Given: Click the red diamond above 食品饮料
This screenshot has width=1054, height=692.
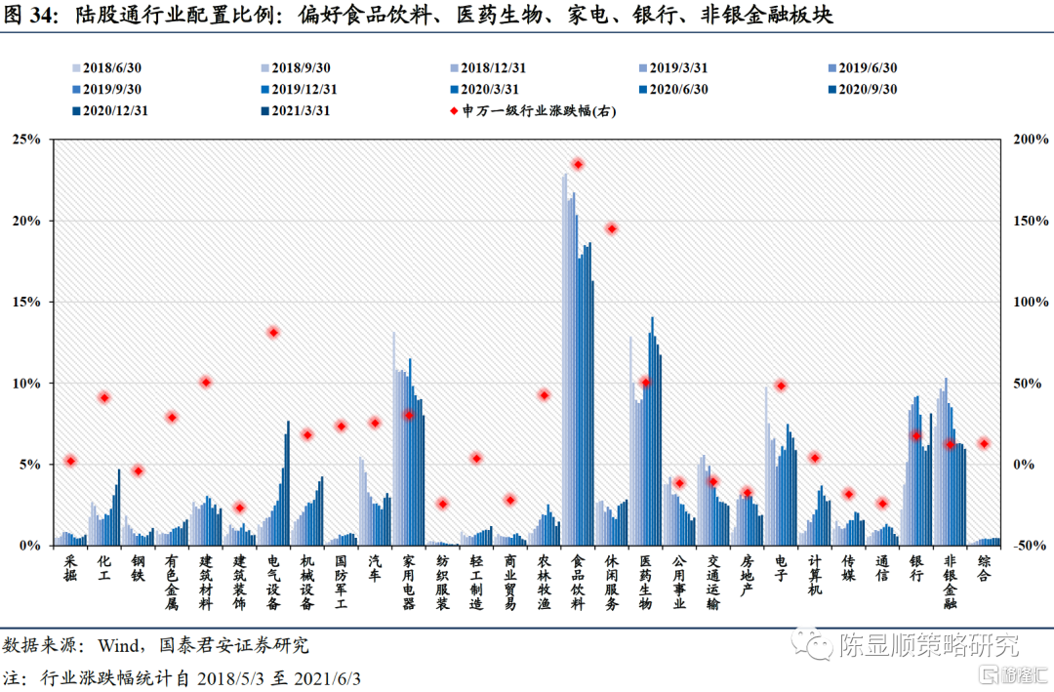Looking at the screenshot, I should coord(578,165).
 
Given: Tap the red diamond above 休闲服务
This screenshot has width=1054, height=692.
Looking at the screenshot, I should coord(612,228).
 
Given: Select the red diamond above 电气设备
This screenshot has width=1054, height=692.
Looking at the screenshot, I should coord(273,333).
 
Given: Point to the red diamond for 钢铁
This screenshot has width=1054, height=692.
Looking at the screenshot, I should coord(139,470).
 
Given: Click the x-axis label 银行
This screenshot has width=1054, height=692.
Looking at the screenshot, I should coord(915,569).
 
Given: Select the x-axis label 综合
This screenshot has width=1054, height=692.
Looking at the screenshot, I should coord(984,569).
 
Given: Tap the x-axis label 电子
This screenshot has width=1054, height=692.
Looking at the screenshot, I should coord(781,569).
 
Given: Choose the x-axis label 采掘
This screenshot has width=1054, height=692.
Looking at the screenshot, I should coord(70,569).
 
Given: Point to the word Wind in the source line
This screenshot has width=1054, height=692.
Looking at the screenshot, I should coord(117,645).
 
